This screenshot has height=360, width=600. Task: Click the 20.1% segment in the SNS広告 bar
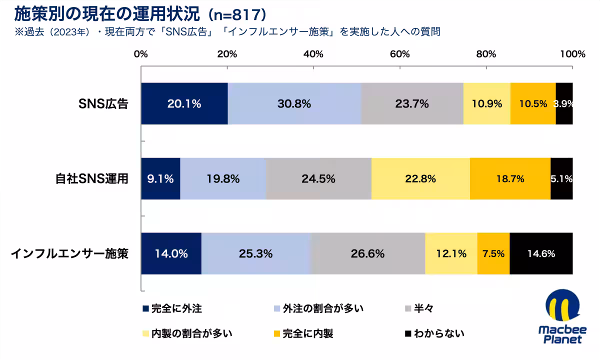tap(184, 104)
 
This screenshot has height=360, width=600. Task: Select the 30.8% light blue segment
tap(294, 104)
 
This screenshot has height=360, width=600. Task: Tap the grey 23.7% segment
tap(412, 104)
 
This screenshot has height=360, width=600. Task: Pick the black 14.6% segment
tap(541, 253)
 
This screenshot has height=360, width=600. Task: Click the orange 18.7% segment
tap(510, 178)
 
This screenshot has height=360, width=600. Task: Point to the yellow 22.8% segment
tap(420, 178)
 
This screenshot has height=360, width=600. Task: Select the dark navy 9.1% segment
tap(160, 178)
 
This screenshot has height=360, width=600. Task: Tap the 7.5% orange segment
tap(493, 253)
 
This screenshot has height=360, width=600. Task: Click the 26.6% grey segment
tap(368, 253)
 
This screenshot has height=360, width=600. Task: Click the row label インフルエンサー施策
tap(70, 253)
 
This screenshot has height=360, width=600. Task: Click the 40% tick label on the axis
tap(313, 54)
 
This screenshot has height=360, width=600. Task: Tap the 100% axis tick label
tap(572, 54)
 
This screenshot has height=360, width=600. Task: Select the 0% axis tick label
tap(141, 54)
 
